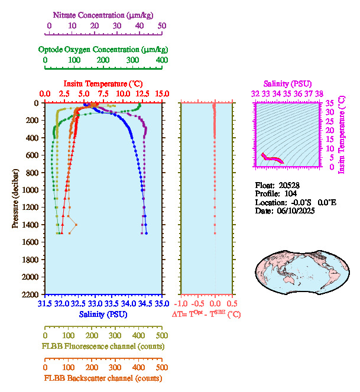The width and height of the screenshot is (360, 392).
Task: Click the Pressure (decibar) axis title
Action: (16, 199)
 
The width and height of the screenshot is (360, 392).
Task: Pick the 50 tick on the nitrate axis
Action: (162, 26)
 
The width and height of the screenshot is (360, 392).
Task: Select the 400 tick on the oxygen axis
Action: (161, 60)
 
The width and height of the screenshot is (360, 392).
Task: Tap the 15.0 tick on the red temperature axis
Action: (162, 94)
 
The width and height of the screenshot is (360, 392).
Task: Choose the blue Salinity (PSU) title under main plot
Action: (103, 314)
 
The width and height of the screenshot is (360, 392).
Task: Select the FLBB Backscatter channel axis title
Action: (103, 378)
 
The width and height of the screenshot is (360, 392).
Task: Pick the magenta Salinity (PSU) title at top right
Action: (287, 84)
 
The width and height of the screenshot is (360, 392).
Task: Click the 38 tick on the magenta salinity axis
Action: (319, 93)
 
